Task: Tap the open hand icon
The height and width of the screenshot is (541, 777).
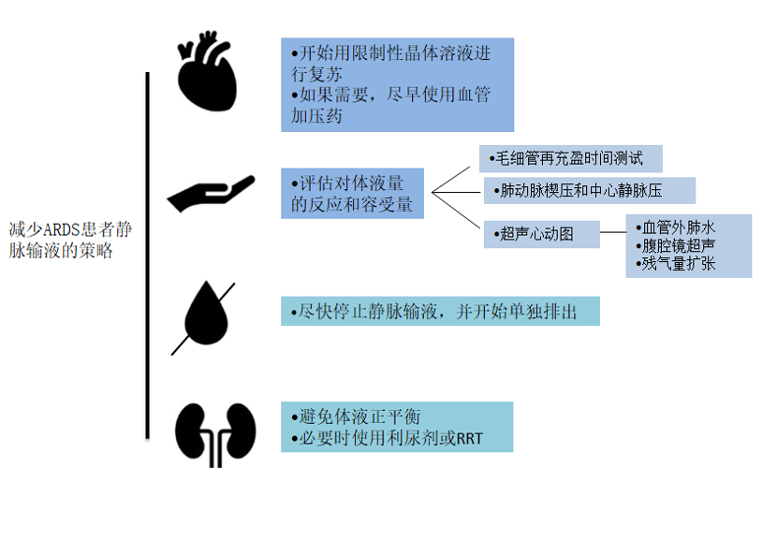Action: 210,194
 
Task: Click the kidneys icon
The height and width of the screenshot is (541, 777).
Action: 215,433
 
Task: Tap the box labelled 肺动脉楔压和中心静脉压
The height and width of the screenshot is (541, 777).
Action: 589,190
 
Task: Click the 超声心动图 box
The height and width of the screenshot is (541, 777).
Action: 542,234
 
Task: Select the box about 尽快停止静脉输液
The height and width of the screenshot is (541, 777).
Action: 440,311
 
